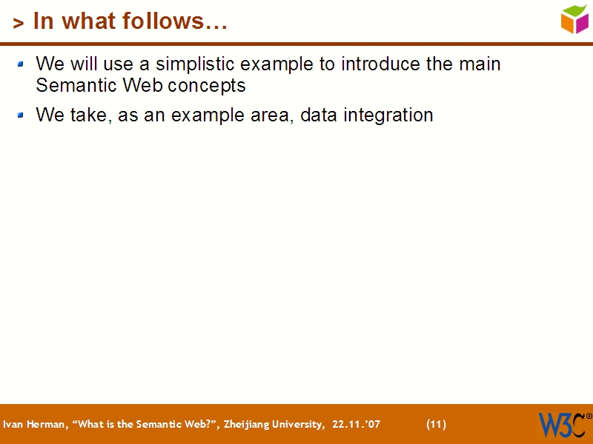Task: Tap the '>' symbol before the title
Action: (19, 24)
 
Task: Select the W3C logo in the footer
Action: (561, 425)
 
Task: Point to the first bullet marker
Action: (21, 64)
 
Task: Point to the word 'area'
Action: (274, 116)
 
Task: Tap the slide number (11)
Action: (436, 425)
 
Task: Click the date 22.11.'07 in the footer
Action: (356, 425)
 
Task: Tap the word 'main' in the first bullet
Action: (480, 64)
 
